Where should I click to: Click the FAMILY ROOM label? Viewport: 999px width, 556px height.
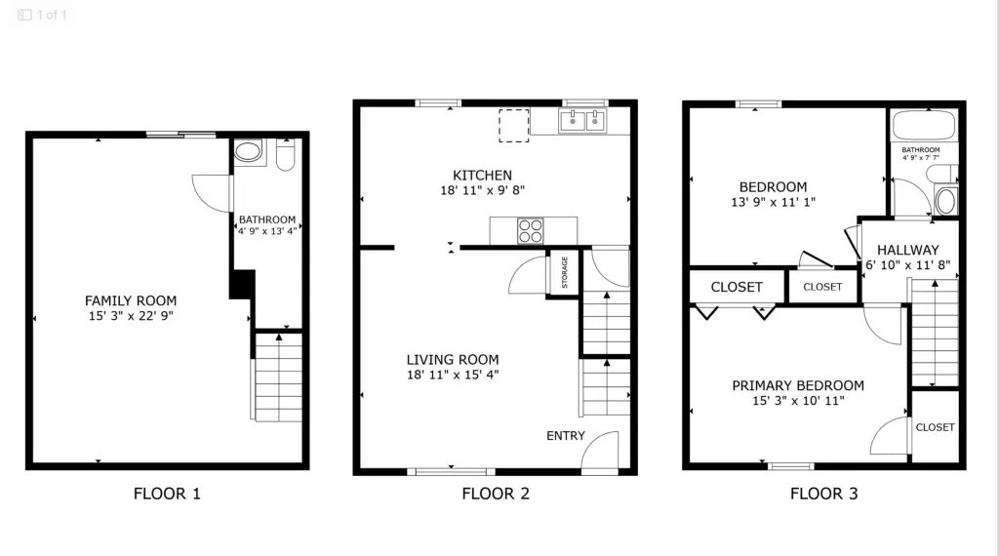[131, 300]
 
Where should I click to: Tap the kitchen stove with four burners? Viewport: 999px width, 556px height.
[530, 230]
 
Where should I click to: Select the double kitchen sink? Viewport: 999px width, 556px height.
[581, 120]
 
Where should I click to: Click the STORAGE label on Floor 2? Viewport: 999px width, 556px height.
[565, 272]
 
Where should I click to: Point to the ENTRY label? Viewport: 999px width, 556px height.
[565, 436]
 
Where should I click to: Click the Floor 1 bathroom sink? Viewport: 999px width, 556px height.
[249, 151]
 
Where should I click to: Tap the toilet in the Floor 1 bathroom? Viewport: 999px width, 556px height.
[286, 154]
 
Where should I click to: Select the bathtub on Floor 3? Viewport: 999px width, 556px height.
[924, 126]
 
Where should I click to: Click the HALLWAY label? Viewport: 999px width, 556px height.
[908, 251]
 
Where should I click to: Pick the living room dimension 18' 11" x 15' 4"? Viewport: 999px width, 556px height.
[453, 376]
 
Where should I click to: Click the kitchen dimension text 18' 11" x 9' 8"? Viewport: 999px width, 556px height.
[482, 190]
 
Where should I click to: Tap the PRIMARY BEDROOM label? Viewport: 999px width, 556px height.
[798, 385]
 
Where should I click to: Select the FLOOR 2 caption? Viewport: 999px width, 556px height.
[496, 494]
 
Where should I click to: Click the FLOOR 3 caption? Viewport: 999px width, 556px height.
[823, 494]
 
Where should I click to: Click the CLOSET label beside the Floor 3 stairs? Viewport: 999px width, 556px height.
[935, 427]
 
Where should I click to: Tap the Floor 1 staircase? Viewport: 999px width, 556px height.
[278, 377]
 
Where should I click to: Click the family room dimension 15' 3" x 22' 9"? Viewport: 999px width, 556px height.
[131, 316]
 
